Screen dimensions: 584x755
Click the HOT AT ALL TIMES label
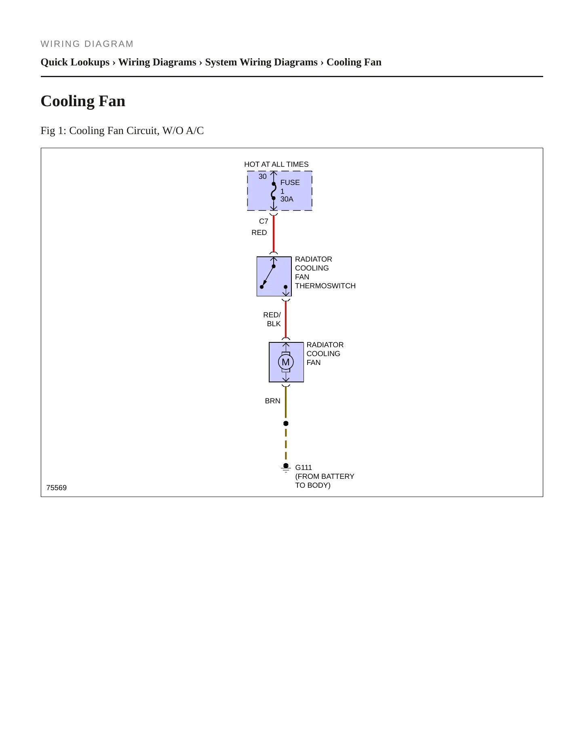point(276,164)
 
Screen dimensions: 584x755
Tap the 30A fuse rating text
point(287,199)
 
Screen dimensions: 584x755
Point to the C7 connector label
point(264,221)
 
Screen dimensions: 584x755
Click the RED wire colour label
point(259,233)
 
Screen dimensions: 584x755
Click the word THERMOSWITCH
point(325,286)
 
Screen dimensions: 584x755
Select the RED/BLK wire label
point(272,319)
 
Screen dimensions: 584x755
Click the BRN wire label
point(272,401)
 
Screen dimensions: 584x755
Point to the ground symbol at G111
point(286,468)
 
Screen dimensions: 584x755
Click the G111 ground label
point(304,468)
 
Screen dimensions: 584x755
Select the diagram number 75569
point(57,488)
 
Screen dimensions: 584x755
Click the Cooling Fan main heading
point(83,101)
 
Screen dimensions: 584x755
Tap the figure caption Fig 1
point(122,130)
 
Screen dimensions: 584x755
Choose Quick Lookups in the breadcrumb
point(75,62)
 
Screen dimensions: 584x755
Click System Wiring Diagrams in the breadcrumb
point(261,62)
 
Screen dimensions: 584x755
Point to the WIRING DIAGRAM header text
point(87,44)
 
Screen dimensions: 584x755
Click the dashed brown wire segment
point(286,444)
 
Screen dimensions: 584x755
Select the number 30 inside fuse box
point(263,176)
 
